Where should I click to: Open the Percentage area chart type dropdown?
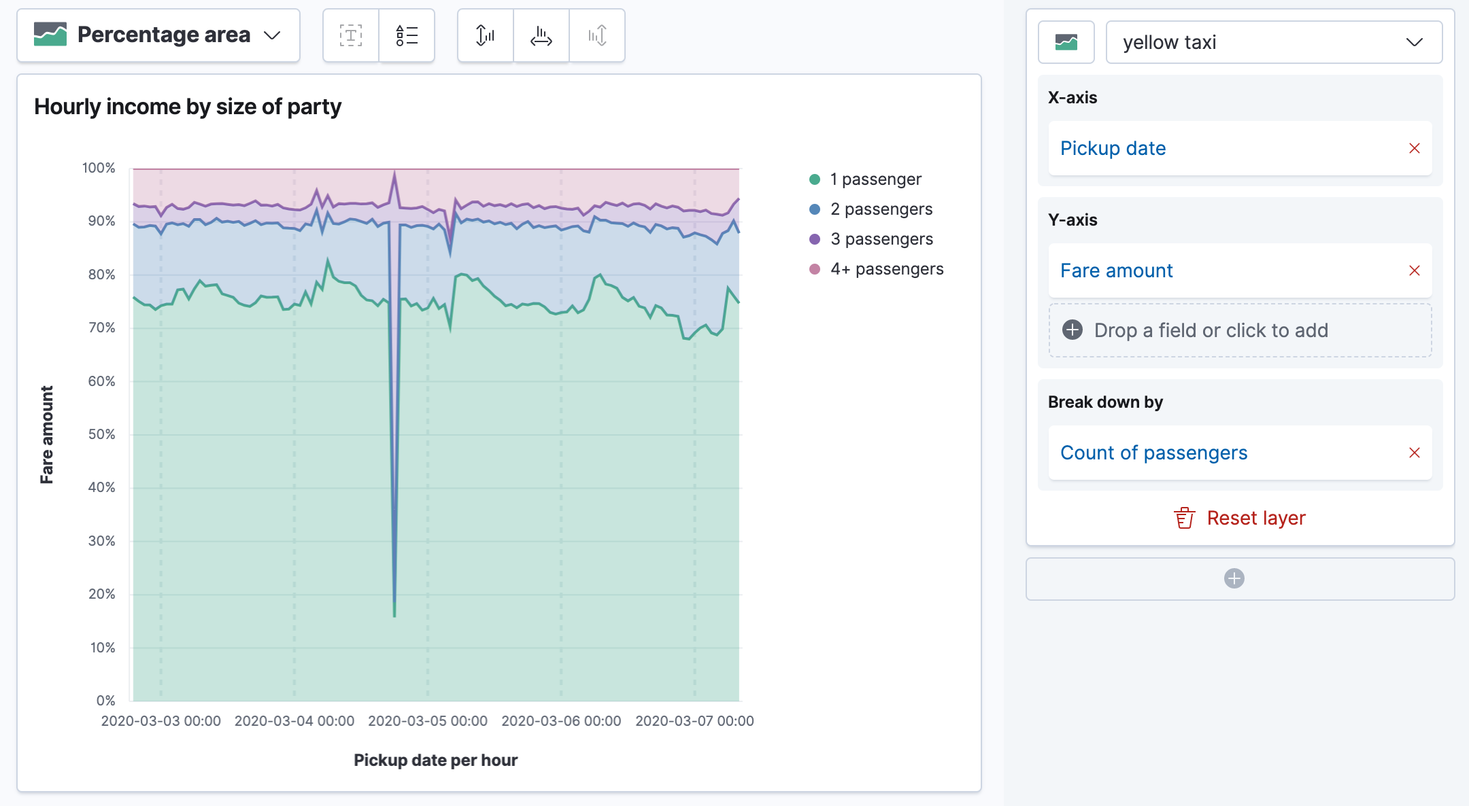click(158, 35)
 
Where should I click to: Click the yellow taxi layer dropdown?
click(1273, 42)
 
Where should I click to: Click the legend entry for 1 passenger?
click(875, 179)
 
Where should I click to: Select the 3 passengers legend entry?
click(881, 239)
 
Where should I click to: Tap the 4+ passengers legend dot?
click(815, 269)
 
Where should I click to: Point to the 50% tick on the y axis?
click(101, 434)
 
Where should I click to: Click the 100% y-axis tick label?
click(99, 168)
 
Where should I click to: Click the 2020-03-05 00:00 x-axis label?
click(428, 721)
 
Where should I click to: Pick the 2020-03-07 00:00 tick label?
click(694, 721)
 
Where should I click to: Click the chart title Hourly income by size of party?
click(188, 107)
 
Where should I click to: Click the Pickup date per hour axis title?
click(435, 760)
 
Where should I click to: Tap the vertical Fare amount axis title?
click(46, 435)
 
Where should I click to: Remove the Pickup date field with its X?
click(1415, 148)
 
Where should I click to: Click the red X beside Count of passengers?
click(1415, 453)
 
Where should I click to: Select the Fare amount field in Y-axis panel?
click(1116, 270)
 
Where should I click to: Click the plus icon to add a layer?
click(1234, 578)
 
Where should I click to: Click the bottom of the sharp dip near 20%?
click(394, 615)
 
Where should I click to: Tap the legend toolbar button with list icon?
click(407, 35)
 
